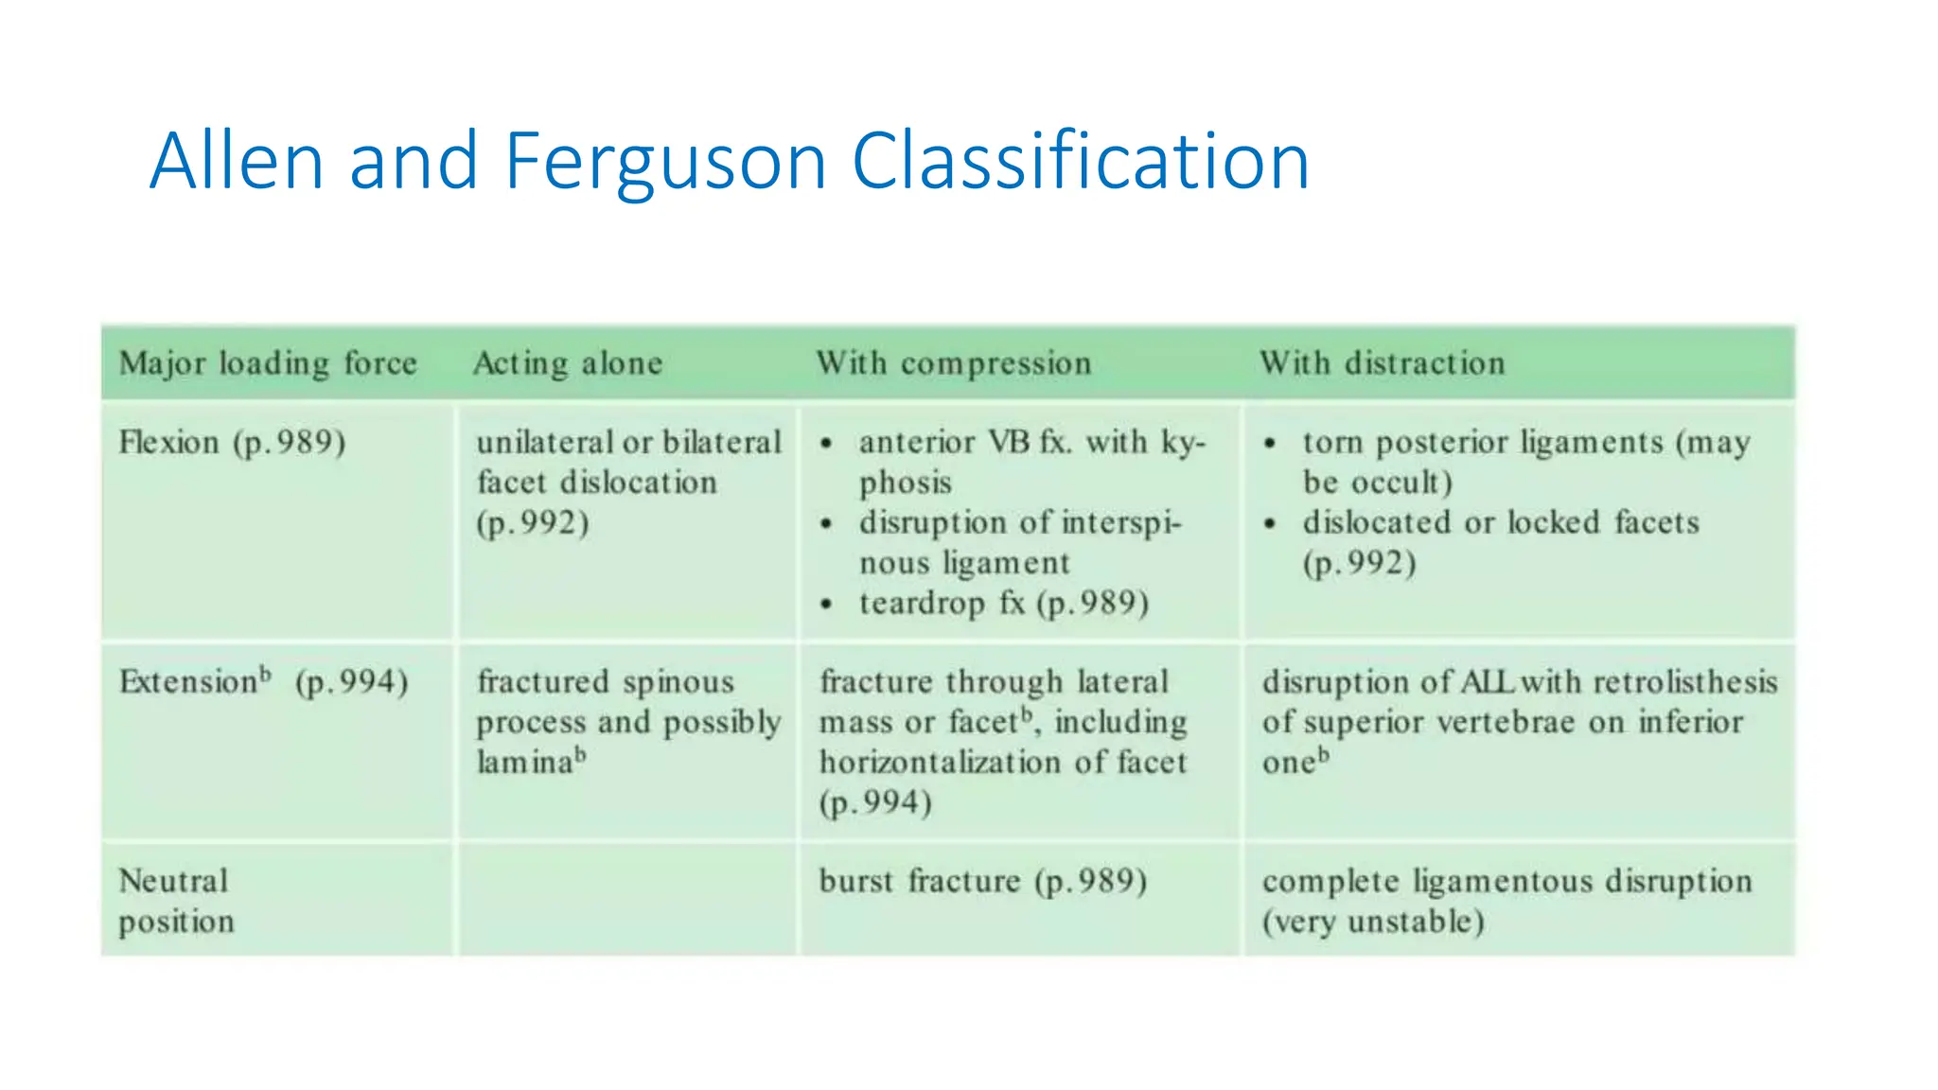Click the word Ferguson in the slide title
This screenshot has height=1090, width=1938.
tap(665, 163)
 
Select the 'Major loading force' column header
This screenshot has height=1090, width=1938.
tap(268, 363)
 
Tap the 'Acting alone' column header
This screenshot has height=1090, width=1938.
tap(568, 363)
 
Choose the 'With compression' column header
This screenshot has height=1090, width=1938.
tap(954, 363)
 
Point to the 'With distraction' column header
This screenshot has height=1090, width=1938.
tap(1382, 363)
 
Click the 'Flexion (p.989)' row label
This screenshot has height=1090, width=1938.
tap(233, 443)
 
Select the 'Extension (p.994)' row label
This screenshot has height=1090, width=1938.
tap(263, 682)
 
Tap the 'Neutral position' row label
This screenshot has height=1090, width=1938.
tap(176, 901)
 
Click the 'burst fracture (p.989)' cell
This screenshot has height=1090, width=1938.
tap(982, 882)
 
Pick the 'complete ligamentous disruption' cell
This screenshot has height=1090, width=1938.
tap(1506, 901)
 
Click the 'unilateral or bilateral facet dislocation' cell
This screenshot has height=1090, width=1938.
tap(628, 483)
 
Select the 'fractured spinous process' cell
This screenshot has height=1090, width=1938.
tap(628, 722)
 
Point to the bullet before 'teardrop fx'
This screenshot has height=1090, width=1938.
tap(826, 605)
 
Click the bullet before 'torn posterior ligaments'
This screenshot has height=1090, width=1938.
tap(1270, 444)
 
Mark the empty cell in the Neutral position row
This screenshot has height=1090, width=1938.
tap(627, 901)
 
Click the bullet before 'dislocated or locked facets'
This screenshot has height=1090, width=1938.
tap(1270, 524)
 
